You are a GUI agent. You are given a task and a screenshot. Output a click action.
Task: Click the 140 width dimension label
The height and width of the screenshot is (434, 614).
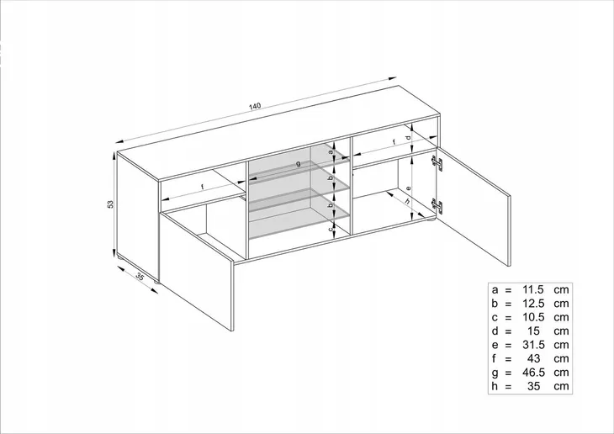point(254,106)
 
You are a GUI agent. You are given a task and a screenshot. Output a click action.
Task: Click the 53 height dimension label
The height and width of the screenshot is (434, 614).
point(110,204)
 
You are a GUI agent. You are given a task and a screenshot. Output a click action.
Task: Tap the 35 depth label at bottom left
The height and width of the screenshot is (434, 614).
point(140,276)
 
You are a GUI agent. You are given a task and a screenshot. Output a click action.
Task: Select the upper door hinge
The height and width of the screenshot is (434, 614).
point(437,162)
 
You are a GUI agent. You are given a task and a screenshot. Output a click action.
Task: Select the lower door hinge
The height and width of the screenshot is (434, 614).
point(437,205)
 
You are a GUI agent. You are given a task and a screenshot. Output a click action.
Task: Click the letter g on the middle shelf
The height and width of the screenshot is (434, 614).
point(299,164)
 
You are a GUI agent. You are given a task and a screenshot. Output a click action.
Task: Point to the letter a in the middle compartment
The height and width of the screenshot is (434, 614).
point(331,152)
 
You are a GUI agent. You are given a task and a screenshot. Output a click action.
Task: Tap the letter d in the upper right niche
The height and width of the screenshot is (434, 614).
point(408,138)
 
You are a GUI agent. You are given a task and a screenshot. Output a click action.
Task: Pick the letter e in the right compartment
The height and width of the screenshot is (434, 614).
point(408,188)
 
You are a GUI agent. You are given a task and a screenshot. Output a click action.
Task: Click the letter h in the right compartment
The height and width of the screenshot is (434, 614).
point(408,201)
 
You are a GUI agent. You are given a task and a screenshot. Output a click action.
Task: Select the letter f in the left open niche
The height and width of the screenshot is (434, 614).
point(203,187)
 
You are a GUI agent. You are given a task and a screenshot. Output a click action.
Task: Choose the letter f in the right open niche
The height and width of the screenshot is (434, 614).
point(394,142)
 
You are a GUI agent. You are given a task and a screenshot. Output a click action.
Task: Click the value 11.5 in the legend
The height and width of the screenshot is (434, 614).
point(533,290)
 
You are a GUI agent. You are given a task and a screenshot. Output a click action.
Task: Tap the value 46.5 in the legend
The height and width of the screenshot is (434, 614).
point(533,372)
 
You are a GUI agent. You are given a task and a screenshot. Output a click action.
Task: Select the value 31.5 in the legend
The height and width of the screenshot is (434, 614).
point(533,345)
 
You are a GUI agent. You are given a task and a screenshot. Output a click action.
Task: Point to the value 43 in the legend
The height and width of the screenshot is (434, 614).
point(534,358)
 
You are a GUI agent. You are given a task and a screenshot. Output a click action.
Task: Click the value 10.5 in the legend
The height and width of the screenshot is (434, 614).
point(533,317)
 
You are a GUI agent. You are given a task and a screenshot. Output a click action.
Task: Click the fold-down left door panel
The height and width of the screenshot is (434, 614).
point(196,270)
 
